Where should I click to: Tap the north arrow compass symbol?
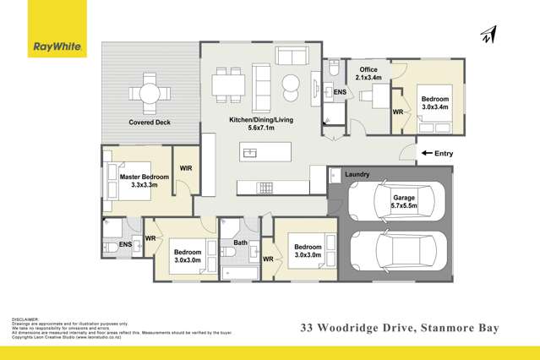pyautogui.click(x=487, y=33)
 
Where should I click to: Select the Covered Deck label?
pyautogui.click(x=150, y=123)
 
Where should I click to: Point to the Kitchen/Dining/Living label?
pyautogui.click(x=261, y=120)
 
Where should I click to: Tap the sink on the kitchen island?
pyautogui.click(x=249, y=152)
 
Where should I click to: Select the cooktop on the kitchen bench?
pyautogui.click(x=265, y=187)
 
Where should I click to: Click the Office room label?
pyautogui.click(x=368, y=69)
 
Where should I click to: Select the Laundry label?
pyautogui.click(x=357, y=174)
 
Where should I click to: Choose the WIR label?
pyautogui.click(x=186, y=168)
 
